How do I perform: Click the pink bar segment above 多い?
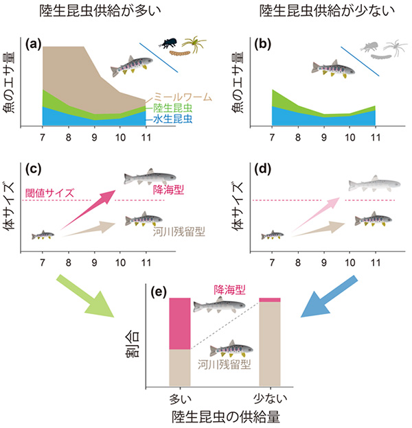(180, 323)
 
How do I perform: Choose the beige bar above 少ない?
(270, 343)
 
